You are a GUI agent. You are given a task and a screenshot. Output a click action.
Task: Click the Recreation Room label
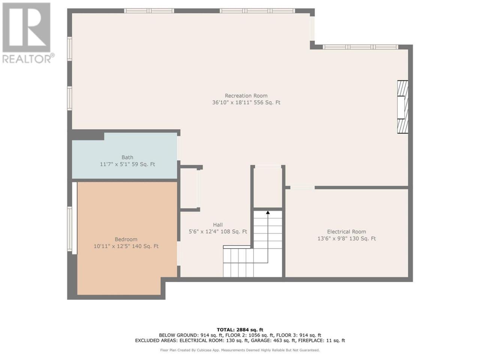coord(246,96)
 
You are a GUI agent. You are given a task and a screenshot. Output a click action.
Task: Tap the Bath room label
coord(127,157)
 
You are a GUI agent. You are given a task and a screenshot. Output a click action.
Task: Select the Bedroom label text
coord(126,239)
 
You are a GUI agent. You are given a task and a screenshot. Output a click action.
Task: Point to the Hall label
coord(218,225)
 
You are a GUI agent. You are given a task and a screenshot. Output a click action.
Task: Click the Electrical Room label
coord(346,232)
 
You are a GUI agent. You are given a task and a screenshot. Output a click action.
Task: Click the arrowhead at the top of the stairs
coord(268,212)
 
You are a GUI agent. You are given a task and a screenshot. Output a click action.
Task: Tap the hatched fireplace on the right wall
coord(403,107)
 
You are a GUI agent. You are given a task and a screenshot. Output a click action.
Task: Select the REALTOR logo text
coord(27,59)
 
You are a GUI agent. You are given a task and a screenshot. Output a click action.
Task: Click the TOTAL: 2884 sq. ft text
coord(240,330)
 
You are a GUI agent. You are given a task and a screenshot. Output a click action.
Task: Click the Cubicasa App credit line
coord(240,350)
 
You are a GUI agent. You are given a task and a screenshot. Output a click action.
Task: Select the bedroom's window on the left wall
coord(70,229)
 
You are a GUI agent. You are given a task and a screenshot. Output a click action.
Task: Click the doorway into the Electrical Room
coord(302,187)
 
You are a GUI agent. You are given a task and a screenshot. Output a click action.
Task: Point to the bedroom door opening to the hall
coord(178,253)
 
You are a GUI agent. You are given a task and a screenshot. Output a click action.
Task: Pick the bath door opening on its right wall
coord(178,148)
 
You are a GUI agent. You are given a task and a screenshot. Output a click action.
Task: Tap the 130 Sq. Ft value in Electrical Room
coord(362,238)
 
